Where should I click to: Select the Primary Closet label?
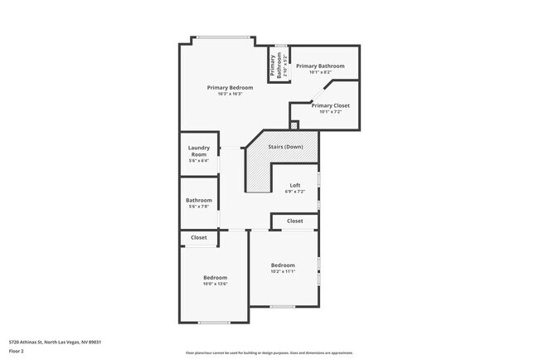click(331, 106)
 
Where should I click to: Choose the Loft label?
click(294, 185)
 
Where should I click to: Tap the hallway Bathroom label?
click(198, 200)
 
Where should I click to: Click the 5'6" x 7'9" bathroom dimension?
click(198, 207)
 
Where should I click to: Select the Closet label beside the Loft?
click(294, 221)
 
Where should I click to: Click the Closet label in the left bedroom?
click(199, 238)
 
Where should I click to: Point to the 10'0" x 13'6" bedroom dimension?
click(215, 285)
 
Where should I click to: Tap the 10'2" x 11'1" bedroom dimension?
click(283, 271)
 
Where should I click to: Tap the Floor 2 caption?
click(17, 351)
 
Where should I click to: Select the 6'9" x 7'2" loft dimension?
click(294, 192)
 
